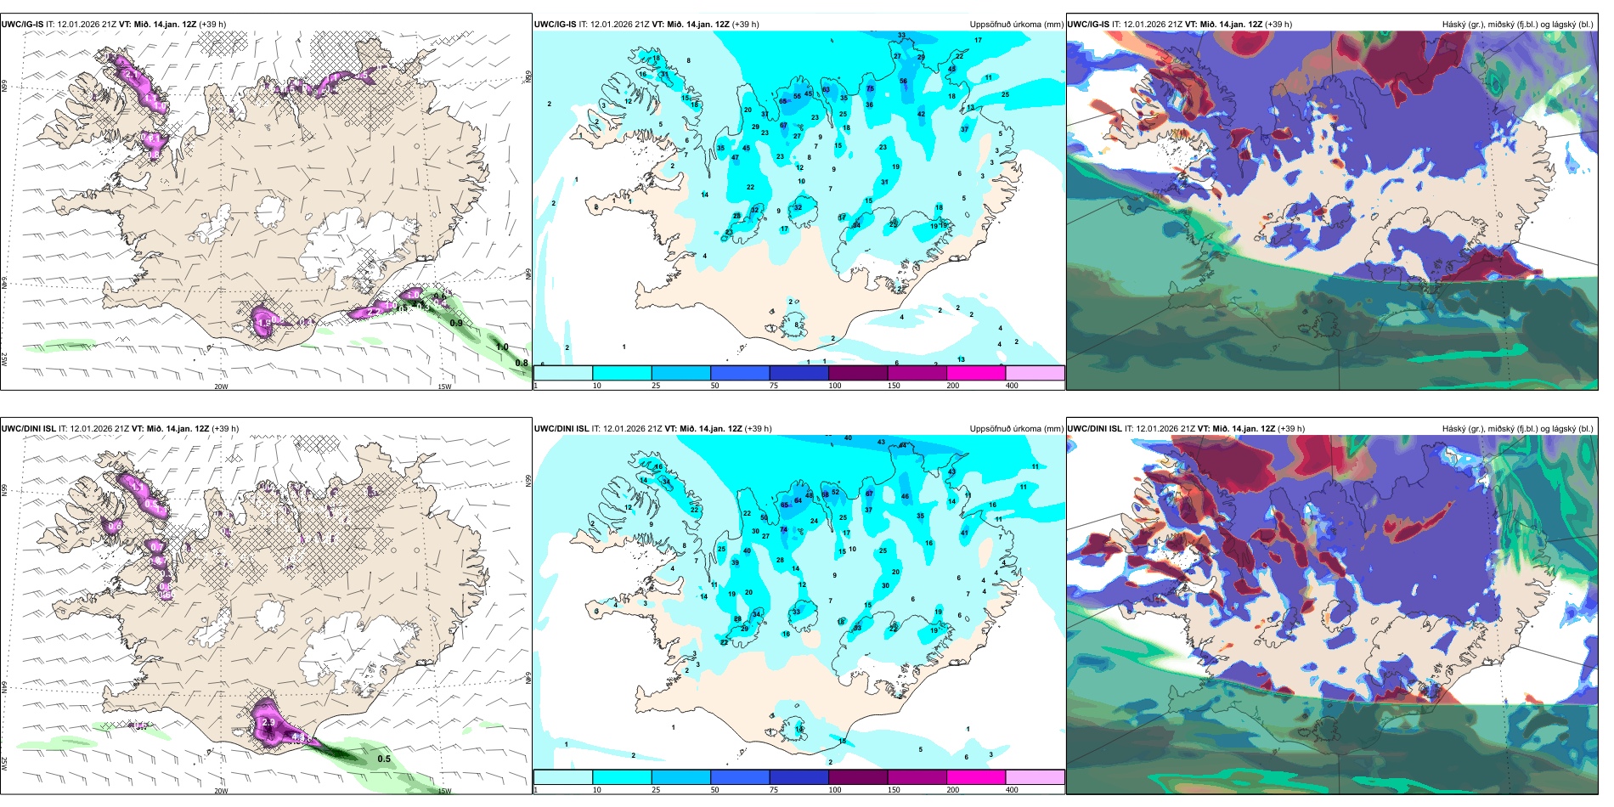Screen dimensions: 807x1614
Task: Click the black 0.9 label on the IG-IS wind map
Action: pyautogui.click(x=456, y=323)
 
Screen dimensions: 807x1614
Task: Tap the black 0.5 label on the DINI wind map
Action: pyautogui.click(x=384, y=759)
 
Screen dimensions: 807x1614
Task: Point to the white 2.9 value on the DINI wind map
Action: pyautogui.click(x=268, y=722)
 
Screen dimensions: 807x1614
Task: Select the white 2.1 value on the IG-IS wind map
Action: pyautogui.click(x=132, y=75)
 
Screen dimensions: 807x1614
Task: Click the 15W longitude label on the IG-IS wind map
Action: pyautogui.click(x=443, y=387)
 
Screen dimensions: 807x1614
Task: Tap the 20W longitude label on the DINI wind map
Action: pyautogui.click(x=221, y=791)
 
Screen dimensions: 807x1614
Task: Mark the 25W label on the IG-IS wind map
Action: pyautogui.click(x=4, y=359)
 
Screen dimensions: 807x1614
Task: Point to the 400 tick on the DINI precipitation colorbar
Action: pyautogui.click(x=1012, y=790)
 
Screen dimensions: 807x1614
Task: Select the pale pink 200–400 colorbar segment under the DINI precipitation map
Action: pyautogui.click(x=1035, y=777)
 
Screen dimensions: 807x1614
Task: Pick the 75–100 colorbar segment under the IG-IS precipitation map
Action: pyautogui.click(x=799, y=373)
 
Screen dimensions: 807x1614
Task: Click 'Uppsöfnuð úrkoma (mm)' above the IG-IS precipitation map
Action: pyautogui.click(x=1016, y=25)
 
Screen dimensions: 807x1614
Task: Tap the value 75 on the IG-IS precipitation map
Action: pyautogui.click(x=870, y=88)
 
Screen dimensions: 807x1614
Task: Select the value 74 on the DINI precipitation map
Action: pyautogui.click(x=784, y=529)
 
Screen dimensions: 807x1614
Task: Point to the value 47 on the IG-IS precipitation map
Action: pyautogui.click(x=735, y=158)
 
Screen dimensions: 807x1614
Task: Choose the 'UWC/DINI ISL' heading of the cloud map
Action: pyautogui.click(x=1095, y=429)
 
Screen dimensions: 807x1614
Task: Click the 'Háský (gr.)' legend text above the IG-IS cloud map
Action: pyautogui.click(x=1464, y=25)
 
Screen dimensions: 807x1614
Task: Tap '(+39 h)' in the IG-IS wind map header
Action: pyautogui.click(x=212, y=25)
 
